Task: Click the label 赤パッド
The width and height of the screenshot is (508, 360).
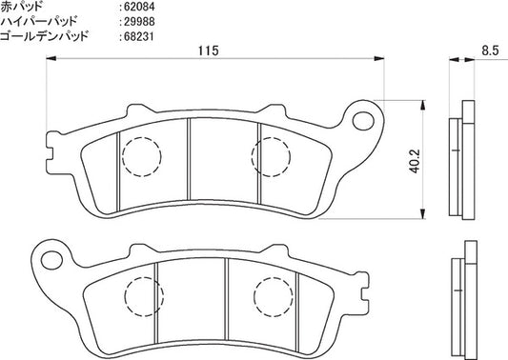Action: pos(22,6)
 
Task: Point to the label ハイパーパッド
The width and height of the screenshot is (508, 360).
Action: pos(39,21)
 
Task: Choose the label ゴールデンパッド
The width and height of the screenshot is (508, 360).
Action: pos(44,36)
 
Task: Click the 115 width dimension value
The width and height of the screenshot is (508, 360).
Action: pos(209,50)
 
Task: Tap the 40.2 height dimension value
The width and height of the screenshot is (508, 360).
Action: pos(415,161)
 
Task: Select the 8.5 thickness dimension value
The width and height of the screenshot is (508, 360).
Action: pos(490,50)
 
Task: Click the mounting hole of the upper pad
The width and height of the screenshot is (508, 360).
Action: pos(363,121)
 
